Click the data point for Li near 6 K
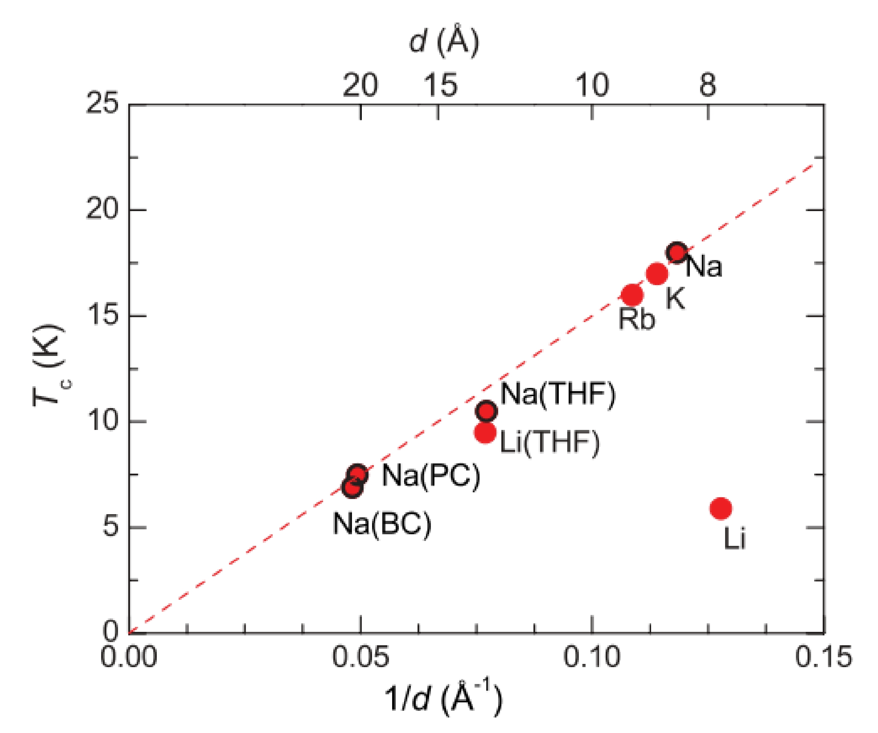(721, 509)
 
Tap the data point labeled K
(657, 274)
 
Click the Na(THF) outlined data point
(486, 411)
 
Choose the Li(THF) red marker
(485, 432)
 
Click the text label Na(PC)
(431, 475)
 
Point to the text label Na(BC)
(382, 524)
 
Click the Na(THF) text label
(558, 394)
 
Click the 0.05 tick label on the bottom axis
(360, 657)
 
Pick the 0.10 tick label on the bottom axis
(592, 657)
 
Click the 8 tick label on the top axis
(707, 85)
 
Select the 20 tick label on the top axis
(360, 85)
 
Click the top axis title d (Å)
(444, 41)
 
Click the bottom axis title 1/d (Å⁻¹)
(443, 698)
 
